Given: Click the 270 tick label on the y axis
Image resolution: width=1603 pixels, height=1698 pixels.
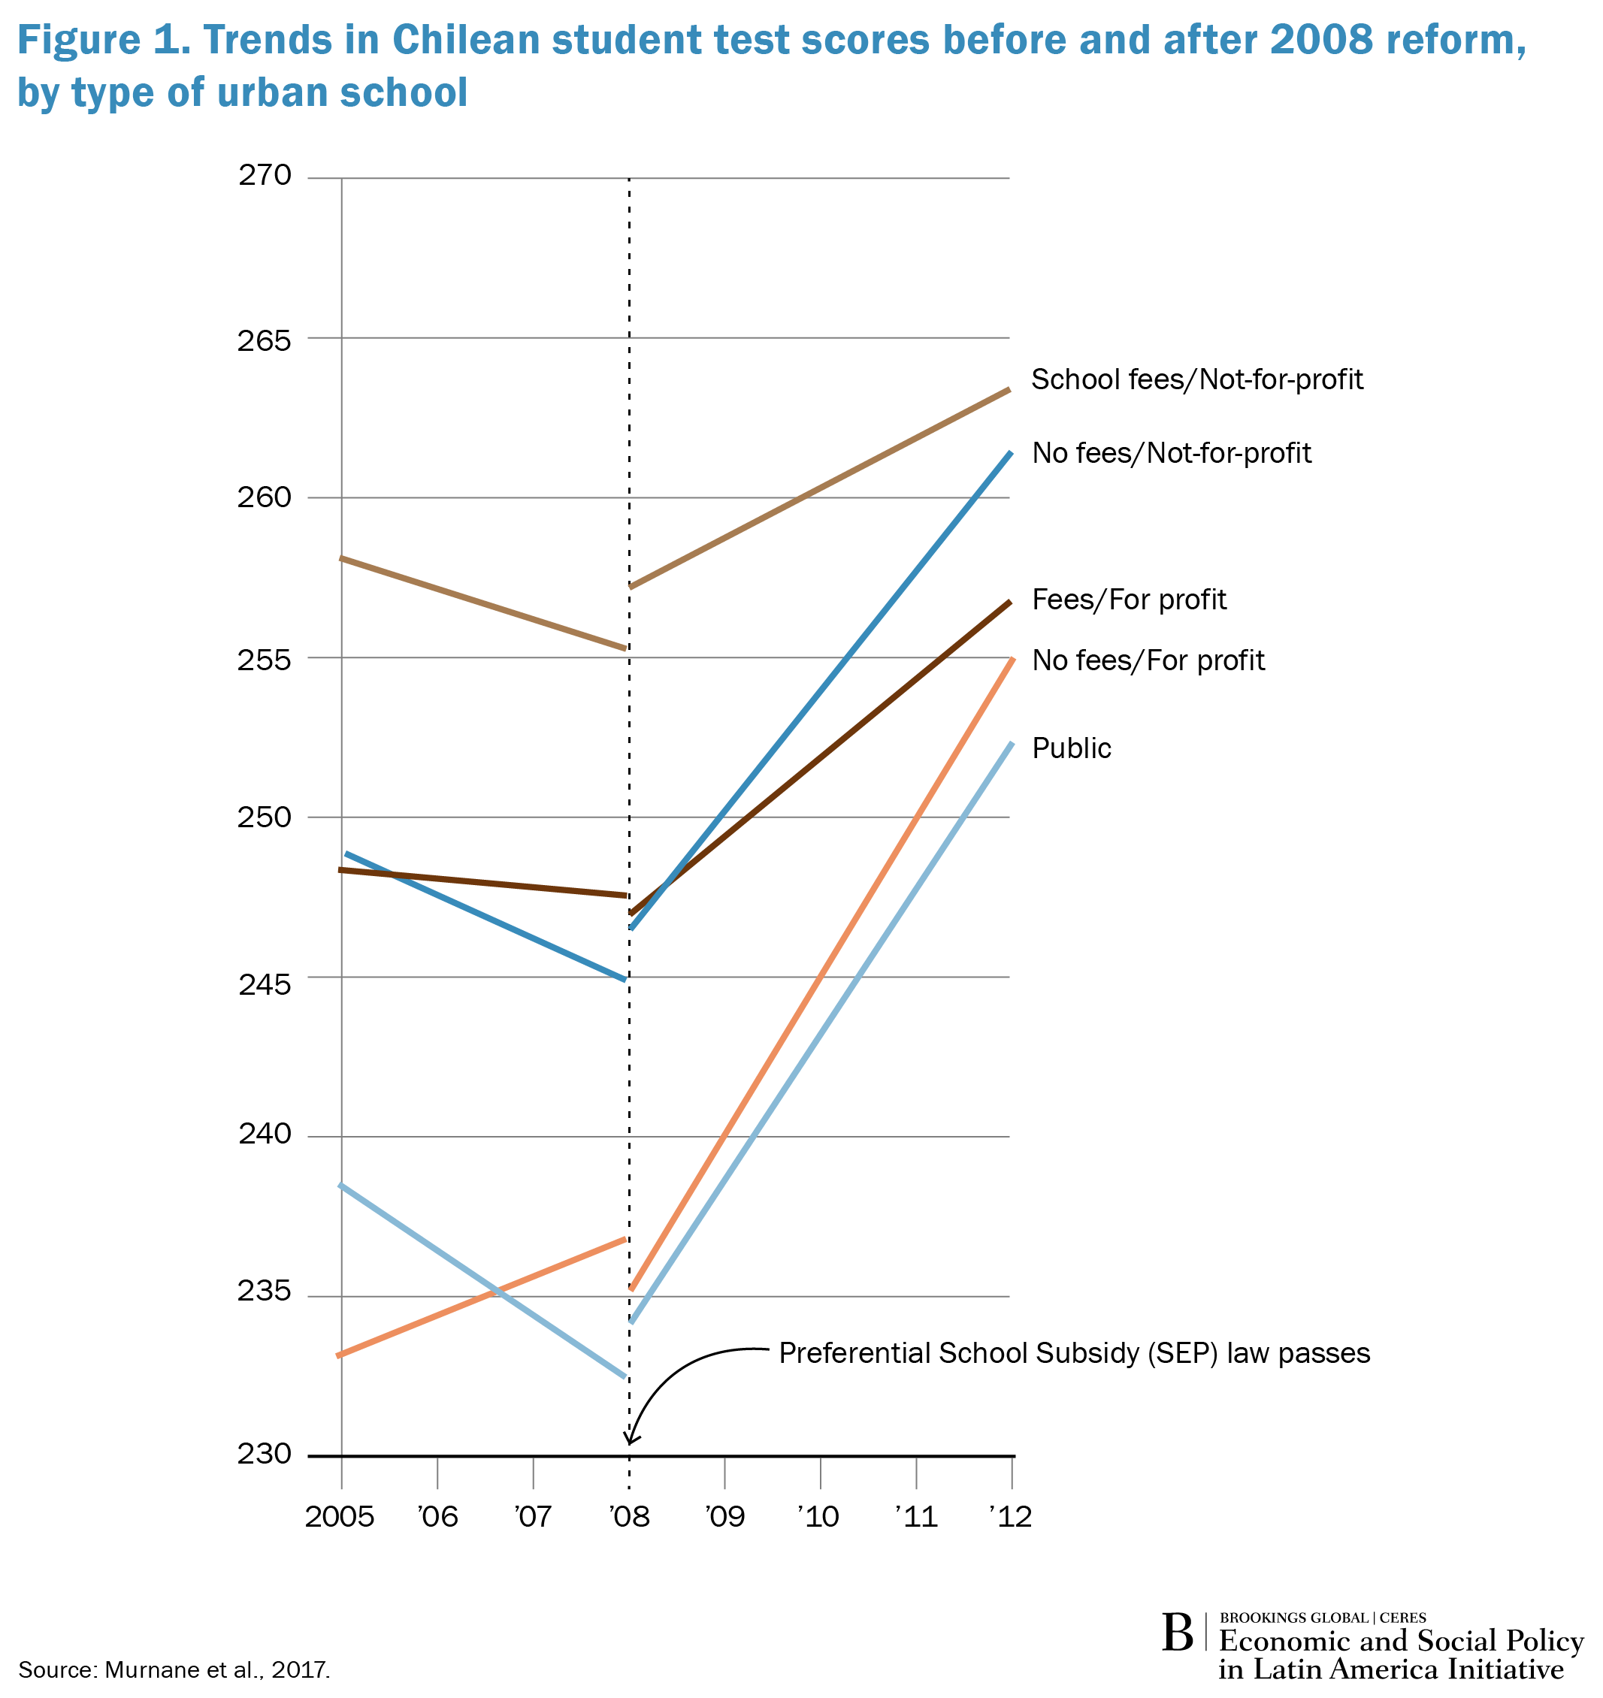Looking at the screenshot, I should (264, 176).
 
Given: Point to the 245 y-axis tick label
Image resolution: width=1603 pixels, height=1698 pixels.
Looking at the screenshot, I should (264, 985).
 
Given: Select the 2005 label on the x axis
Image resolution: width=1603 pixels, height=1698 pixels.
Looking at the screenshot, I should (339, 1517).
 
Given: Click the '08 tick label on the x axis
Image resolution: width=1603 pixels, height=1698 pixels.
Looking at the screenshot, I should (629, 1517).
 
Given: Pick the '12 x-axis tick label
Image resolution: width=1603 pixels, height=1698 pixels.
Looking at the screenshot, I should (1011, 1517).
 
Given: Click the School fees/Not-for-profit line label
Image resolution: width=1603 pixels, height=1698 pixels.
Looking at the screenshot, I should (1196, 379).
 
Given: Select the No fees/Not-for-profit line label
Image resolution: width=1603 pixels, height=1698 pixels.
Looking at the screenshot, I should (1171, 453).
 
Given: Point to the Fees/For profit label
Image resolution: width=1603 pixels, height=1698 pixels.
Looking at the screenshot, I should (1129, 600).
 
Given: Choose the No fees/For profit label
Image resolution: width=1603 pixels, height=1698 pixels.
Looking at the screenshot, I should (1148, 660).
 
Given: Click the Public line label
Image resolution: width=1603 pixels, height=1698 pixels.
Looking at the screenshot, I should (1072, 748).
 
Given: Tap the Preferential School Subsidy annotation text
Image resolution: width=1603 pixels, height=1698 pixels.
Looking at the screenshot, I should (1074, 1354).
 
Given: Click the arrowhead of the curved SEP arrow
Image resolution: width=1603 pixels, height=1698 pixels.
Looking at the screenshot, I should (631, 1443).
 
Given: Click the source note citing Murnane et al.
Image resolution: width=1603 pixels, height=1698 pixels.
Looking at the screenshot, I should (174, 1669).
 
